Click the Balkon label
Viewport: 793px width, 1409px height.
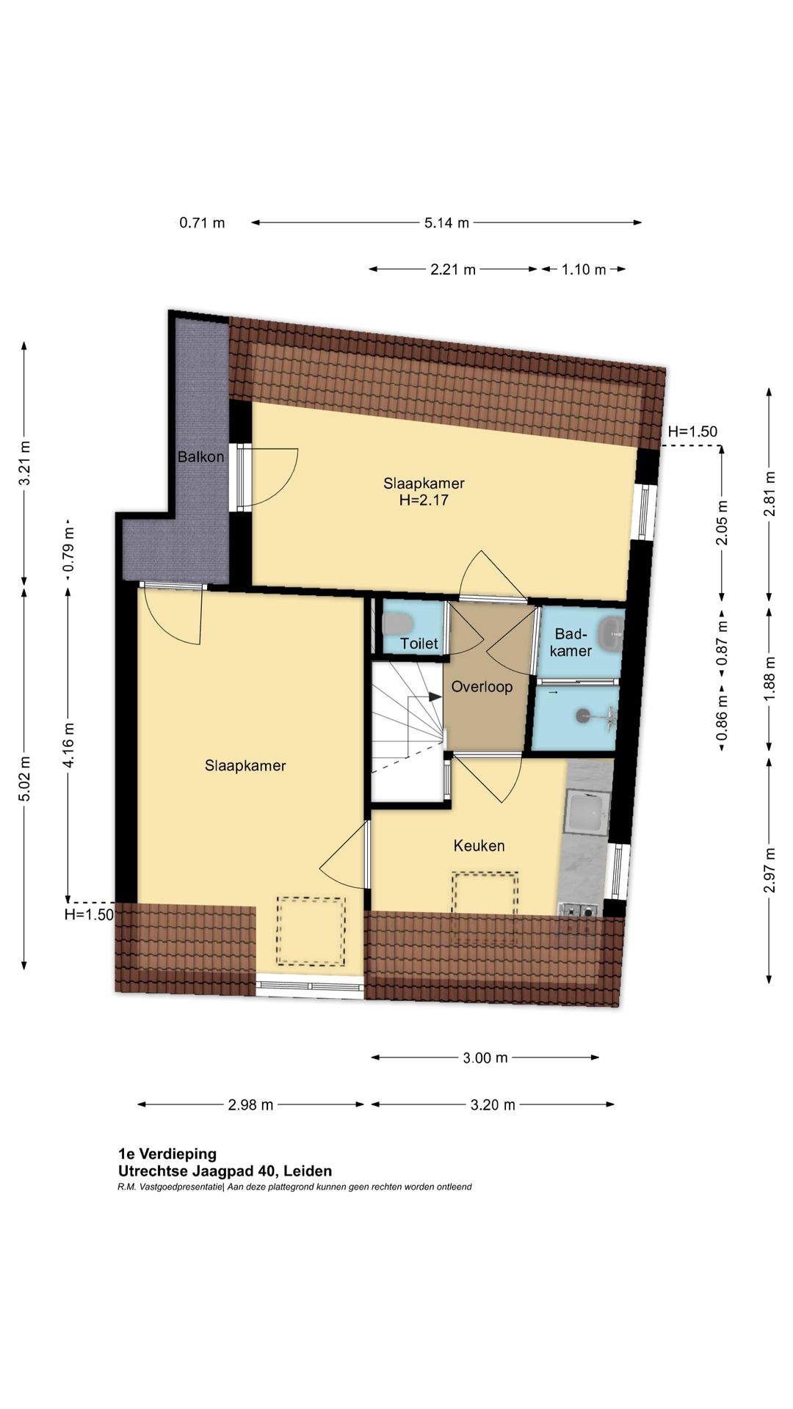[200, 456]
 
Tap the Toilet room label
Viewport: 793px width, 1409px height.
[419, 644]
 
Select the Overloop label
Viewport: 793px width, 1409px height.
[482, 687]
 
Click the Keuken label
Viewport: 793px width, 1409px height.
[479, 845]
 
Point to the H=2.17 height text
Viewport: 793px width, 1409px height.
[424, 500]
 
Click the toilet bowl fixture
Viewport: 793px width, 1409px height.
[397, 625]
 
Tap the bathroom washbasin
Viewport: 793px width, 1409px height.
[611, 633]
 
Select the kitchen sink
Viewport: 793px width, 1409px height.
[587, 814]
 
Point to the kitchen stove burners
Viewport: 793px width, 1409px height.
[579, 911]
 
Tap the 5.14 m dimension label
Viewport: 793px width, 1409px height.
[446, 222]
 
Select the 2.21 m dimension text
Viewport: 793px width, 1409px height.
[453, 269]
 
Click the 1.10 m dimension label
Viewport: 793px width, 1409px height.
[584, 269]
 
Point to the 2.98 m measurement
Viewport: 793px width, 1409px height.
[250, 1104]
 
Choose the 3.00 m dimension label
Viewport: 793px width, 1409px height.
[485, 1057]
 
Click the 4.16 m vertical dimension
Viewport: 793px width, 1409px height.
[68, 745]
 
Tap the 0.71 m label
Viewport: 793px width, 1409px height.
[202, 222]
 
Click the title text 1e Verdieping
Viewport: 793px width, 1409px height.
[167, 1154]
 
